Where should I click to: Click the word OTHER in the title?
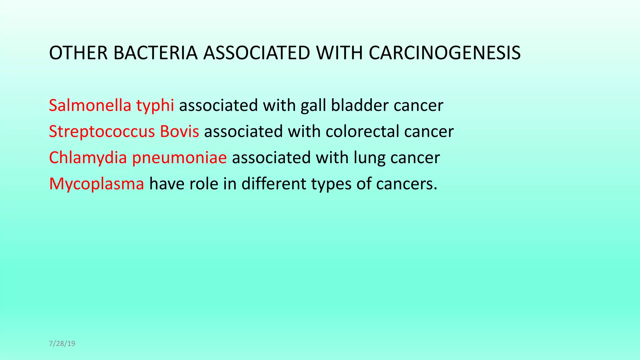click(78, 53)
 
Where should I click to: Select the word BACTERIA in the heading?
click(155, 53)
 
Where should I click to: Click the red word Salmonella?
click(90, 105)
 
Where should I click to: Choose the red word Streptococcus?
click(102, 132)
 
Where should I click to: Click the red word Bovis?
click(179, 131)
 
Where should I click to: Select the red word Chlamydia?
click(88, 158)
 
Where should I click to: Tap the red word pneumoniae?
click(179, 158)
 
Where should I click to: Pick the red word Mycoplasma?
click(97, 184)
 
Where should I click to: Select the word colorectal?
click(362, 131)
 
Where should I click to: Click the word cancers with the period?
click(406, 184)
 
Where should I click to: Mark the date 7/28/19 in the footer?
click(62, 344)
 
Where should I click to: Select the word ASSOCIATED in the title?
click(257, 53)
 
